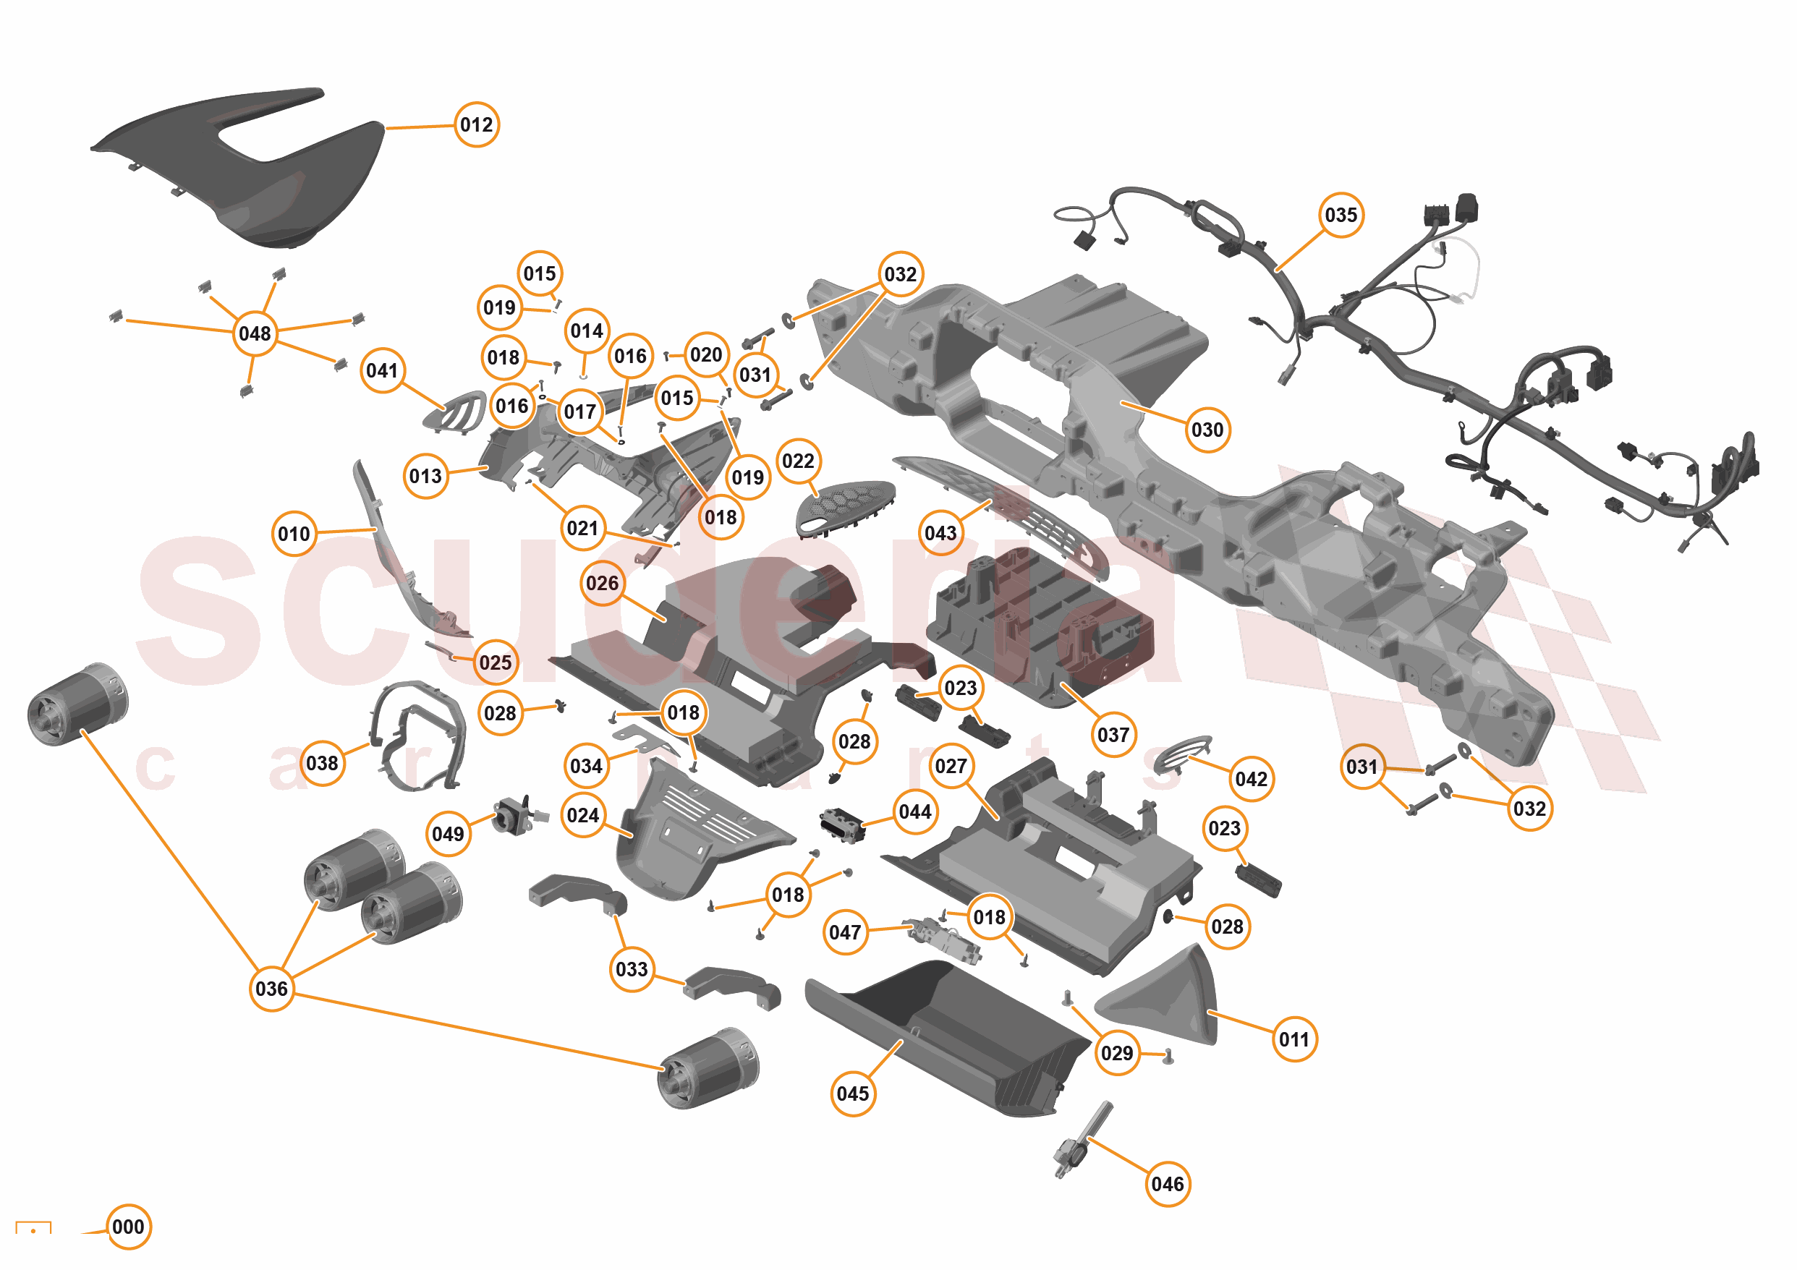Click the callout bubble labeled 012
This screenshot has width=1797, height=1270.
[x=476, y=124]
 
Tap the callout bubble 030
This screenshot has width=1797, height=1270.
[x=1206, y=430]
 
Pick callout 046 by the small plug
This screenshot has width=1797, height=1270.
[x=1167, y=1184]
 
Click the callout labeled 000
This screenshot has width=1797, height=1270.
[x=127, y=1226]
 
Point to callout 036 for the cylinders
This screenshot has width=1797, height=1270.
[x=271, y=988]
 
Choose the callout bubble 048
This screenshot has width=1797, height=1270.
[x=255, y=333]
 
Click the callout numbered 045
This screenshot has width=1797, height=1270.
[x=852, y=1093]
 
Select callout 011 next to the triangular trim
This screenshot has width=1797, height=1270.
[x=1293, y=1039]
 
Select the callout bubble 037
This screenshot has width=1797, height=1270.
[x=1113, y=735]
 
